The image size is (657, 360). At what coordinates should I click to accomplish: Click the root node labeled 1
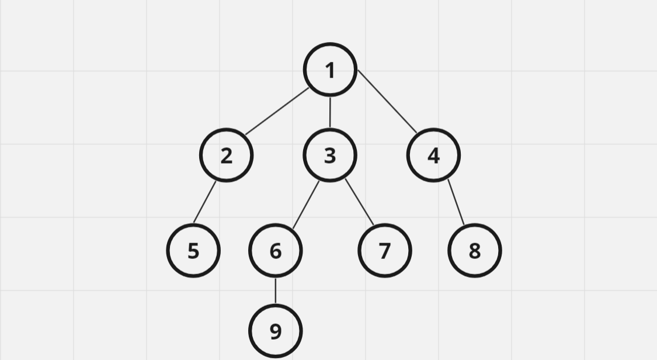coord(330,70)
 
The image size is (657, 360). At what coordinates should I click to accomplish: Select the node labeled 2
coord(226,155)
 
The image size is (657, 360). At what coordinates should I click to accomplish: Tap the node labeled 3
coord(330,155)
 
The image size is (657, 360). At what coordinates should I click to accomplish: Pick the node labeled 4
coord(433,155)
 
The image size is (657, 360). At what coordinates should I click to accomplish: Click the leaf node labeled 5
coord(193,251)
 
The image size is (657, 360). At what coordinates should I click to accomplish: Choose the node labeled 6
coord(275,251)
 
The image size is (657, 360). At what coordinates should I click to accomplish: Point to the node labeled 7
coord(384,251)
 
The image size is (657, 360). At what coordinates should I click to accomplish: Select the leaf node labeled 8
coord(474,251)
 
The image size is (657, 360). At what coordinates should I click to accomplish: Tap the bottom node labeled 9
coord(275,331)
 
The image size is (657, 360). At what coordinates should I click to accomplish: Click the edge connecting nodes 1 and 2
coord(277,112)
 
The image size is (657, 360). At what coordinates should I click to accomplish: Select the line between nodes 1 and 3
coord(330,112)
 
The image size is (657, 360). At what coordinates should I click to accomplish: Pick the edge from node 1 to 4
coord(387,102)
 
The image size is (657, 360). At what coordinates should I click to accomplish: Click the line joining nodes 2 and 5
coord(205,202)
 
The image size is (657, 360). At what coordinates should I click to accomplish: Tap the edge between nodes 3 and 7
coord(359,202)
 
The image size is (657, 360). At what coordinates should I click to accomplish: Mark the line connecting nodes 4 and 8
coord(456,202)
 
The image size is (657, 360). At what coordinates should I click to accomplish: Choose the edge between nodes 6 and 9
coord(275,290)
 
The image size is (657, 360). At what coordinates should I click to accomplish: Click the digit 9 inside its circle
coord(275,331)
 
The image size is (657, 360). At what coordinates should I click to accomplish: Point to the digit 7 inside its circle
coord(384,251)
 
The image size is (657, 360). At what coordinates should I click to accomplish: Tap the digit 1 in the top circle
coord(330,70)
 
